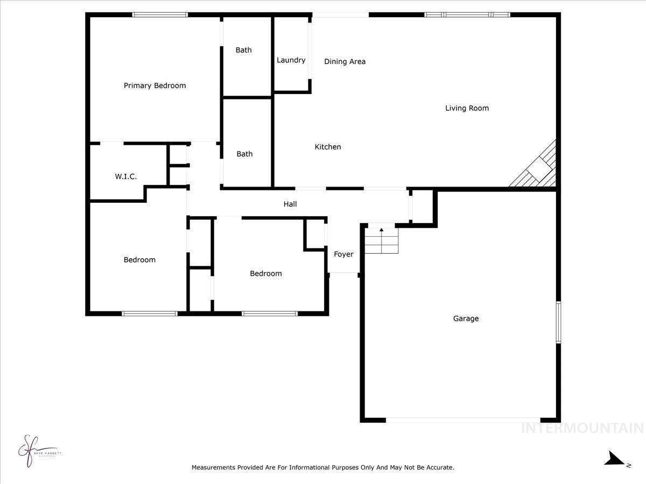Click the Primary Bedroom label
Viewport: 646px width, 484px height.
(155, 86)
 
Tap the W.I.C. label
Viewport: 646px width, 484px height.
(125, 176)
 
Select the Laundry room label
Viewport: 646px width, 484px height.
(291, 60)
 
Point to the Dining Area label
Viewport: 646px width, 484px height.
(345, 61)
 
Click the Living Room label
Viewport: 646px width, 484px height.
(467, 108)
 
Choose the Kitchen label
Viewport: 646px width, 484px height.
(327, 147)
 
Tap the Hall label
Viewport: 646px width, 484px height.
(290, 204)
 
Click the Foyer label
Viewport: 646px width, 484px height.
(343, 254)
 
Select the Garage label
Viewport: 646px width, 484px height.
(466, 318)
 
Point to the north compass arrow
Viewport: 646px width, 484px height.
(614, 459)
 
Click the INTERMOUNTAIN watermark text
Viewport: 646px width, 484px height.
(582, 428)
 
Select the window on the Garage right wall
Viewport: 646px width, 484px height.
(558, 322)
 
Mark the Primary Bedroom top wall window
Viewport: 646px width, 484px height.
(160, 15)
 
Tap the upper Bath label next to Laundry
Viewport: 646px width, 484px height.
(243, 50)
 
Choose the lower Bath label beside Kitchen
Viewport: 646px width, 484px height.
(244, 154)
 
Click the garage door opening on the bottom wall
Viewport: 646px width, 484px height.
(463, 420)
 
